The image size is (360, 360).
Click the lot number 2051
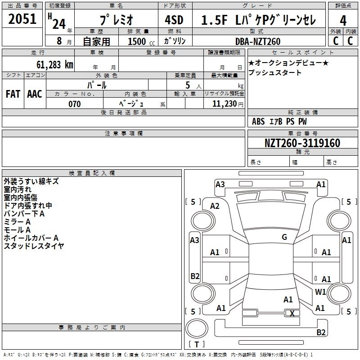pyautogui.click(x=22, y=19)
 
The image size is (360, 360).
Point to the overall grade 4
pyautogui.click(x=343, y=20)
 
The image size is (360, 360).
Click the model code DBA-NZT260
pyautogui.click(x=258, y=41)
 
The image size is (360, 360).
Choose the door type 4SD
pyautogui.click(x=175, y=20)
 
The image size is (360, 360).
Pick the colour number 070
pyautogui.click(x=74, y=104)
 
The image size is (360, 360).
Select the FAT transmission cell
pyautogui.click(x=13, y=94)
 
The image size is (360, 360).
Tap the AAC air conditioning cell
pyautogui.click(x=35, y=94)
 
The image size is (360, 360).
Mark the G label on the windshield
pyautogui.click(x=284, y=237)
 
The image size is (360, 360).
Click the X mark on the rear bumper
pyautogui.click(x=292, y=313)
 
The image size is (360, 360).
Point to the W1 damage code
pyautogui.click(x=320, y=292)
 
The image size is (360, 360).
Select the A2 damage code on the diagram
pyautogui.click(x=215, y=206)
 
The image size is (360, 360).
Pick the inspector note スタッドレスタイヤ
pyautogui.click(x=34, y=246)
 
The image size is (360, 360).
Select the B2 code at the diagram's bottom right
pyautogui.click(x=321, y=332)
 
